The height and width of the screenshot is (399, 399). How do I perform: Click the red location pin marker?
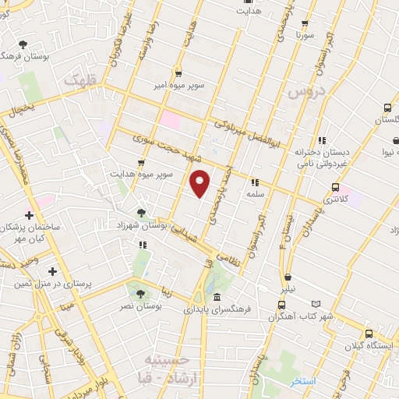(x=199, y=184)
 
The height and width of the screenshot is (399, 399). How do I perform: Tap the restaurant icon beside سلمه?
(x=255, y=182)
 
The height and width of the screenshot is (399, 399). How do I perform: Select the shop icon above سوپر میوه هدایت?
(x=140, y=164)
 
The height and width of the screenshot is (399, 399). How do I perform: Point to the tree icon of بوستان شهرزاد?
(x=140, y=212)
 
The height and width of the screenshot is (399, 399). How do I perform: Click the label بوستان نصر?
(x=139, y=308)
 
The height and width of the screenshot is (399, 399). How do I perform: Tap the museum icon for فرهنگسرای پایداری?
(x=216, y=298)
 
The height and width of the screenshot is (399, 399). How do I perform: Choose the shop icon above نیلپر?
(x=288, y=277)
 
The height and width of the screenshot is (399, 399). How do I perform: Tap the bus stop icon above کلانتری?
(x=335, y=187)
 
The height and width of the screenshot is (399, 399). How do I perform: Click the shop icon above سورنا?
(x=305, y=23)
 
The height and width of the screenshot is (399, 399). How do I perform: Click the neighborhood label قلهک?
(x=83, y=79)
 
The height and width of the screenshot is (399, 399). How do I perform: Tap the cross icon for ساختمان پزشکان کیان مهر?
(x=29, y=215)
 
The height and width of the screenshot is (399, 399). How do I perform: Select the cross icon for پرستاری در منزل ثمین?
(x=52, y=271)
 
